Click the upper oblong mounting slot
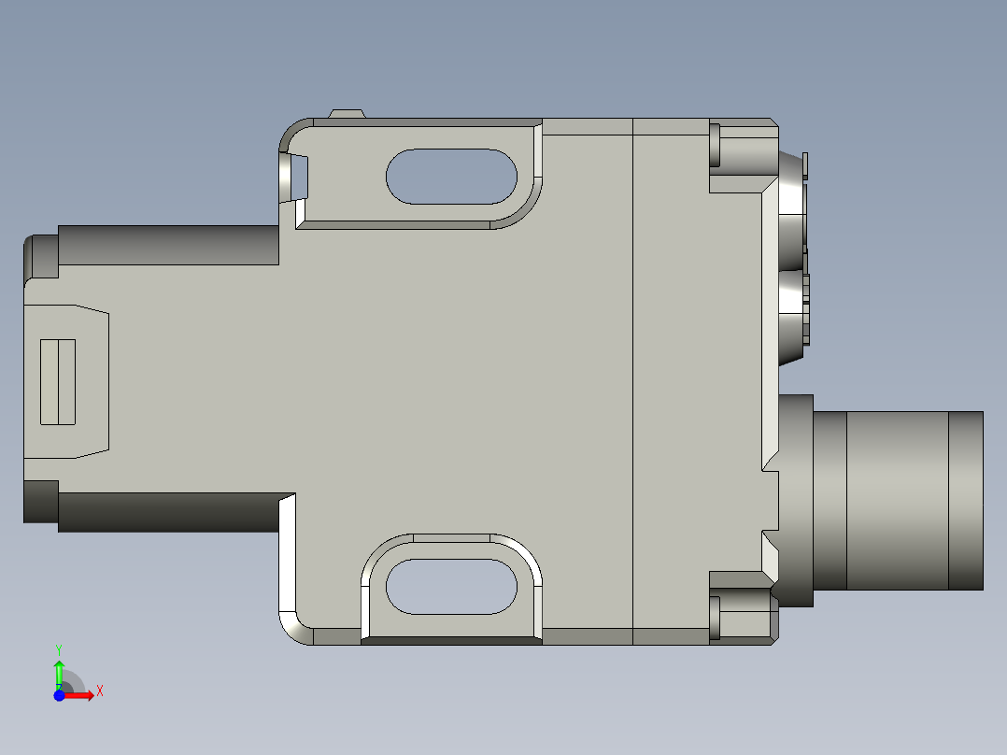tap(452, 176)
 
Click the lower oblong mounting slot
tap(452, 587)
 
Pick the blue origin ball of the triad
tap(59, 694)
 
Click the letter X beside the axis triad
tap(99, 691)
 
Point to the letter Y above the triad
tap(58, 648)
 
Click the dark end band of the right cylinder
tap(966, 501)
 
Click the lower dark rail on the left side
tap(168, 512)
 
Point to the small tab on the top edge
tap(346, 114)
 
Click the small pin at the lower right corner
tap(716, 619)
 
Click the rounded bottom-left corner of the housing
tap(293, 628)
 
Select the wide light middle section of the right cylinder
tap(897, 501)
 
